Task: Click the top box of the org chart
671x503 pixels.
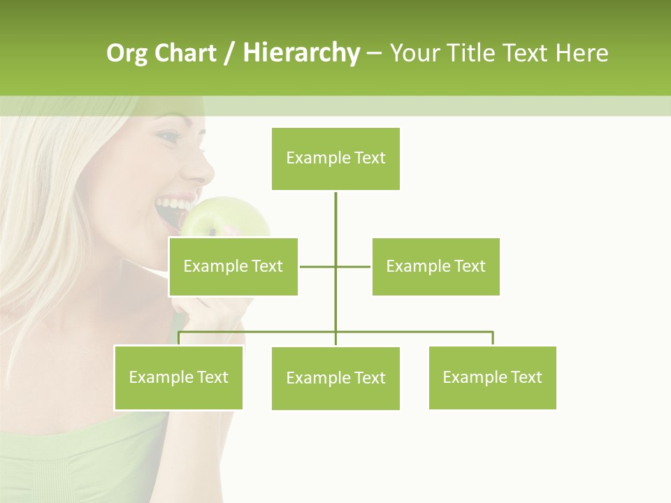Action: tap(335, 159)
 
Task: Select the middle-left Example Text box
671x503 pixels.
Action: tap(233, 266)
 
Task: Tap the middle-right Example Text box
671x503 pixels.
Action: tap(435, 266)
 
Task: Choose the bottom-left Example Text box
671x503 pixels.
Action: tap(178, 377)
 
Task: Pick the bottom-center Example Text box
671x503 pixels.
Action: tap(335, 378)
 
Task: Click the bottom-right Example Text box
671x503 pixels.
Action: tap(492, 377)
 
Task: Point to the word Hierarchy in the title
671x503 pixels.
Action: tap(301, 53)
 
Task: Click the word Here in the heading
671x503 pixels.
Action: tap(582, 53)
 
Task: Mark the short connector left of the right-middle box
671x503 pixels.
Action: tap(354, 266)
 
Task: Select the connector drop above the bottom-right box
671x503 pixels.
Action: tap(492, 338)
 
